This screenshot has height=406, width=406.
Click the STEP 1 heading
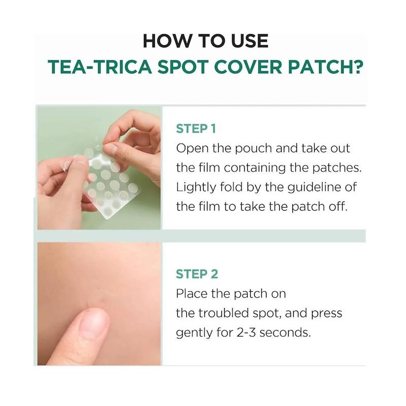[196, 129]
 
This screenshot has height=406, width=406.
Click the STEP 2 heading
[197, 274]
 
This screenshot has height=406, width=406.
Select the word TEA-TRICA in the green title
[99, 67]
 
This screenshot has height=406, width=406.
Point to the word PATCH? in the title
[326, 67]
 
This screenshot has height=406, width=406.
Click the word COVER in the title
[248, 67]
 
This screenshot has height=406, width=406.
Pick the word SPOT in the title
[183, 67]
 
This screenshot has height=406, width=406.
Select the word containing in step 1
[255, 168]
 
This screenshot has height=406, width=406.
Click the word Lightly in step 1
[196, 187]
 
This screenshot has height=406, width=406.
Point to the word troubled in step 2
[224, 313]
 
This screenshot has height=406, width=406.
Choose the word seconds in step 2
[285, 332]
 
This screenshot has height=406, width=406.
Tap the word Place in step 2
[192, 294]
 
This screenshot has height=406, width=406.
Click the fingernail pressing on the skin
[94, 323]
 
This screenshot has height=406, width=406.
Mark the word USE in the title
[250, 41]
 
